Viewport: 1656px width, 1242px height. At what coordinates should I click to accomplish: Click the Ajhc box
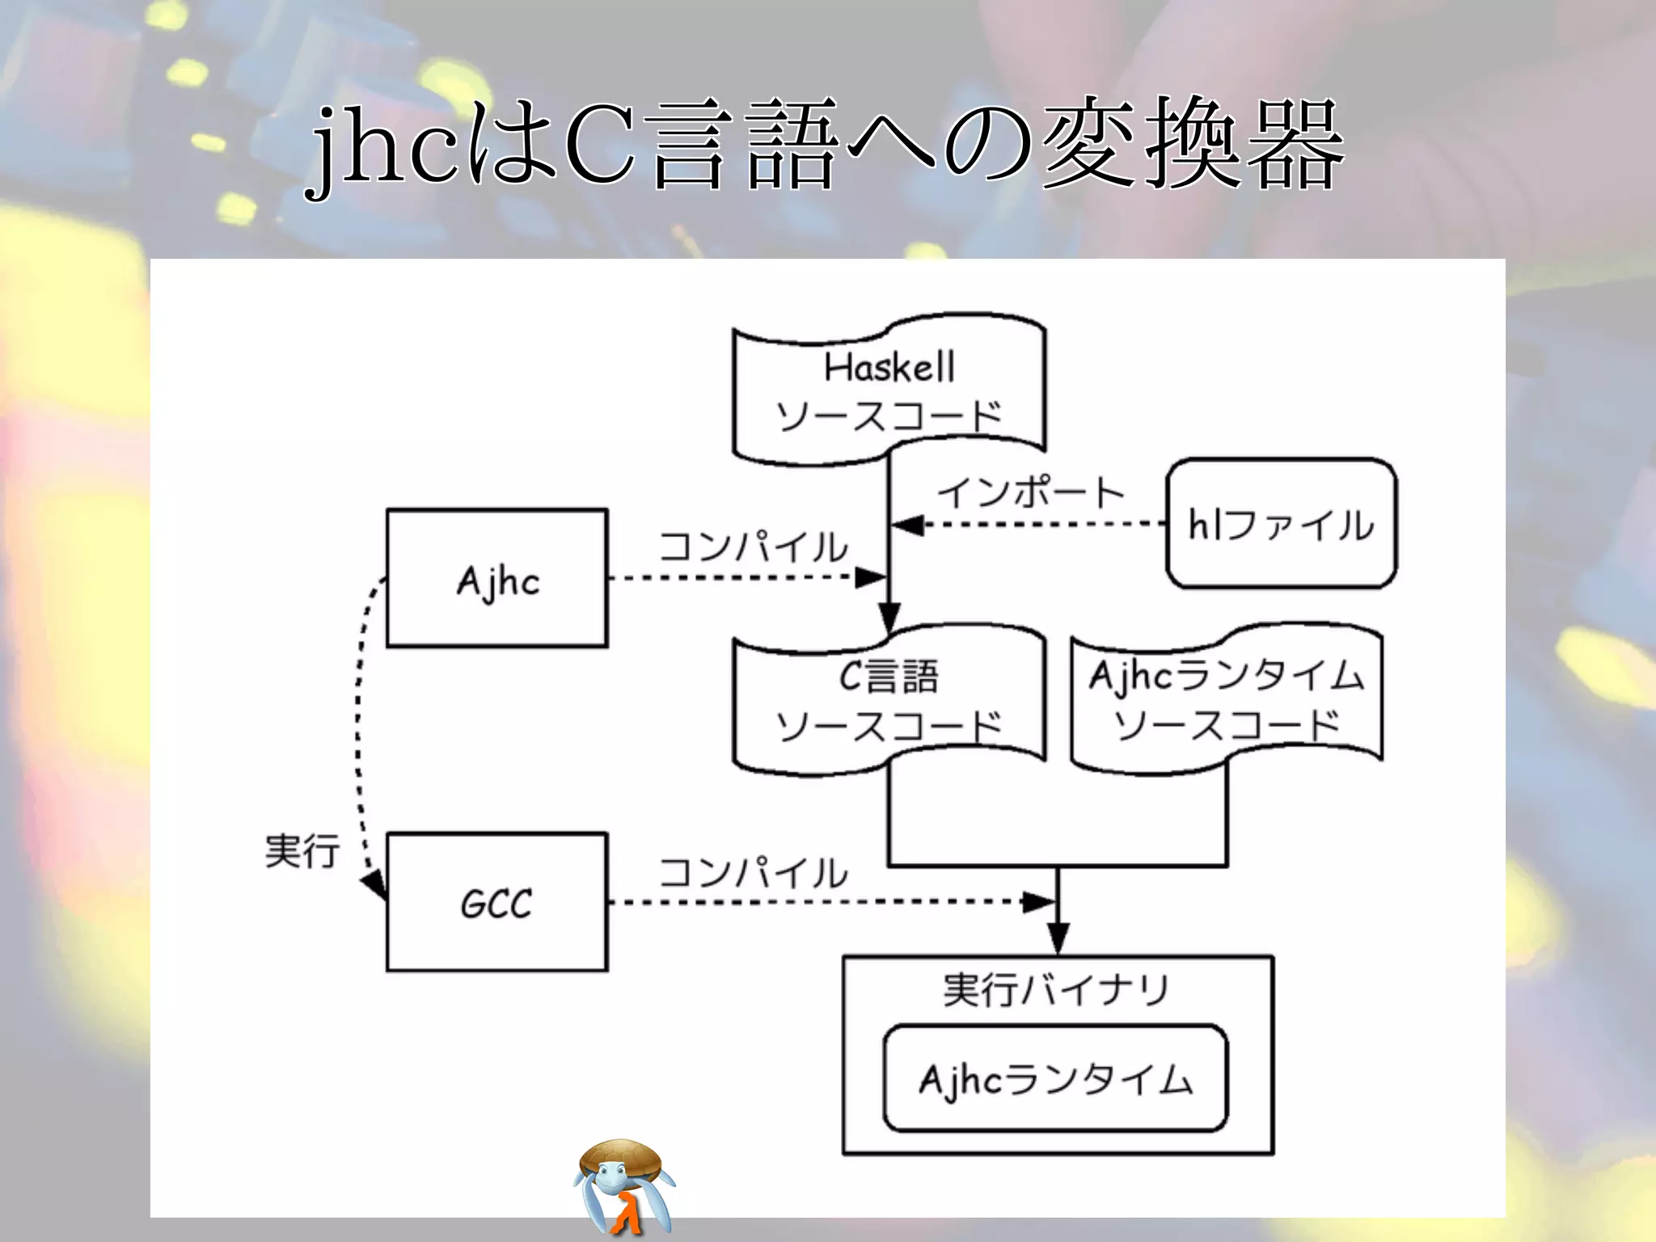[496, 578]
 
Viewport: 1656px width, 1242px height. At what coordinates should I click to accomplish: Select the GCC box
[496, 902]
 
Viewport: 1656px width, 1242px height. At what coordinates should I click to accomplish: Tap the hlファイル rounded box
[1282, 523]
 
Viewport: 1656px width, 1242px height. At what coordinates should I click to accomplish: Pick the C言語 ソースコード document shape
[889, 700]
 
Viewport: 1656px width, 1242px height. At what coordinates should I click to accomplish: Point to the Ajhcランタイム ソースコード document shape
[1227, 699]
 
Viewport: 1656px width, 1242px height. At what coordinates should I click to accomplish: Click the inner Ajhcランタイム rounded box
[1055, 1079]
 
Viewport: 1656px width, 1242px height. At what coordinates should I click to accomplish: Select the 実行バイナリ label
[1055, 990]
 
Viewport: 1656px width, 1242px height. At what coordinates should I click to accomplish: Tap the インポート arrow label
[1030, 492]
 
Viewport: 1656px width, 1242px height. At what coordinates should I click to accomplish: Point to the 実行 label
[302, 851]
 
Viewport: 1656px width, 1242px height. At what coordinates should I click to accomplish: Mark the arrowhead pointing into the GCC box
[375, 885]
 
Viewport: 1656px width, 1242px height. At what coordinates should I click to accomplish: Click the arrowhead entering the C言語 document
[889, 619]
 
